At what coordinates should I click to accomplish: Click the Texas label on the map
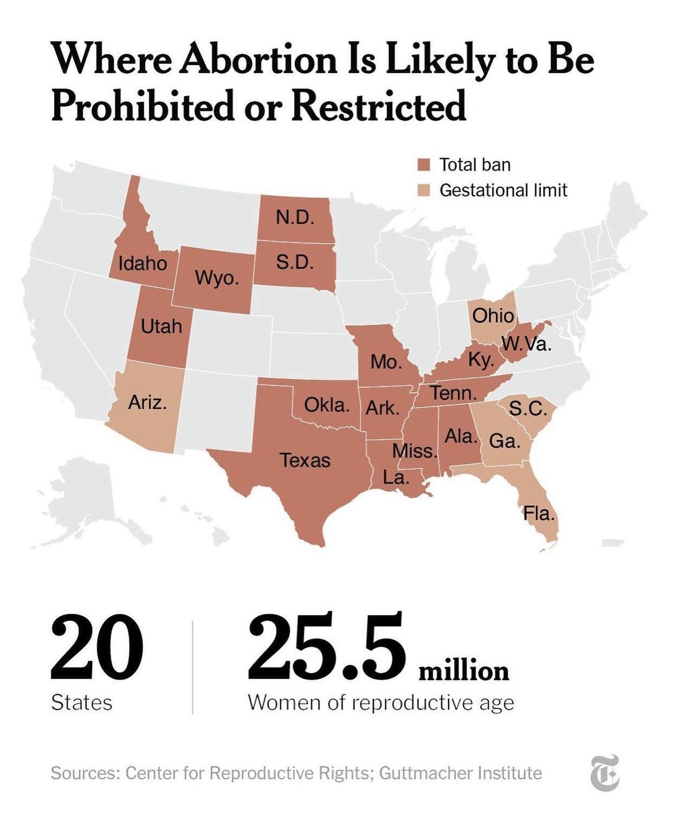click(305, 460)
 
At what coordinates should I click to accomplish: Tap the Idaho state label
click(143, 263)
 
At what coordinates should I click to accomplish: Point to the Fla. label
click(539, 513)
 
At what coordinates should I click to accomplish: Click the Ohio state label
click(493, 315)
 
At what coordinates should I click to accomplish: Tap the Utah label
click(161, 326)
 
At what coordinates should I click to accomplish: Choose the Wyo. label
click(216, 278)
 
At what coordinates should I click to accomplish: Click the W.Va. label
click(526, 344)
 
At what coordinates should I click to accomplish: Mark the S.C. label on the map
click(528, 409)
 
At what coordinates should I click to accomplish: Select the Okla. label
click(327, 404)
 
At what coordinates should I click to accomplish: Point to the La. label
click(396, 477)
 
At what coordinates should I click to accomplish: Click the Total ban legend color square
click(424, 165)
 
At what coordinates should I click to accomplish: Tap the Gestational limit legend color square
click(424, 191)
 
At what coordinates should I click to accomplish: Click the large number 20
click(97, 648)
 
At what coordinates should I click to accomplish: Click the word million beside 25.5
click(464, 671)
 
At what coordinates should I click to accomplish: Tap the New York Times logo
click(604, 773)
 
